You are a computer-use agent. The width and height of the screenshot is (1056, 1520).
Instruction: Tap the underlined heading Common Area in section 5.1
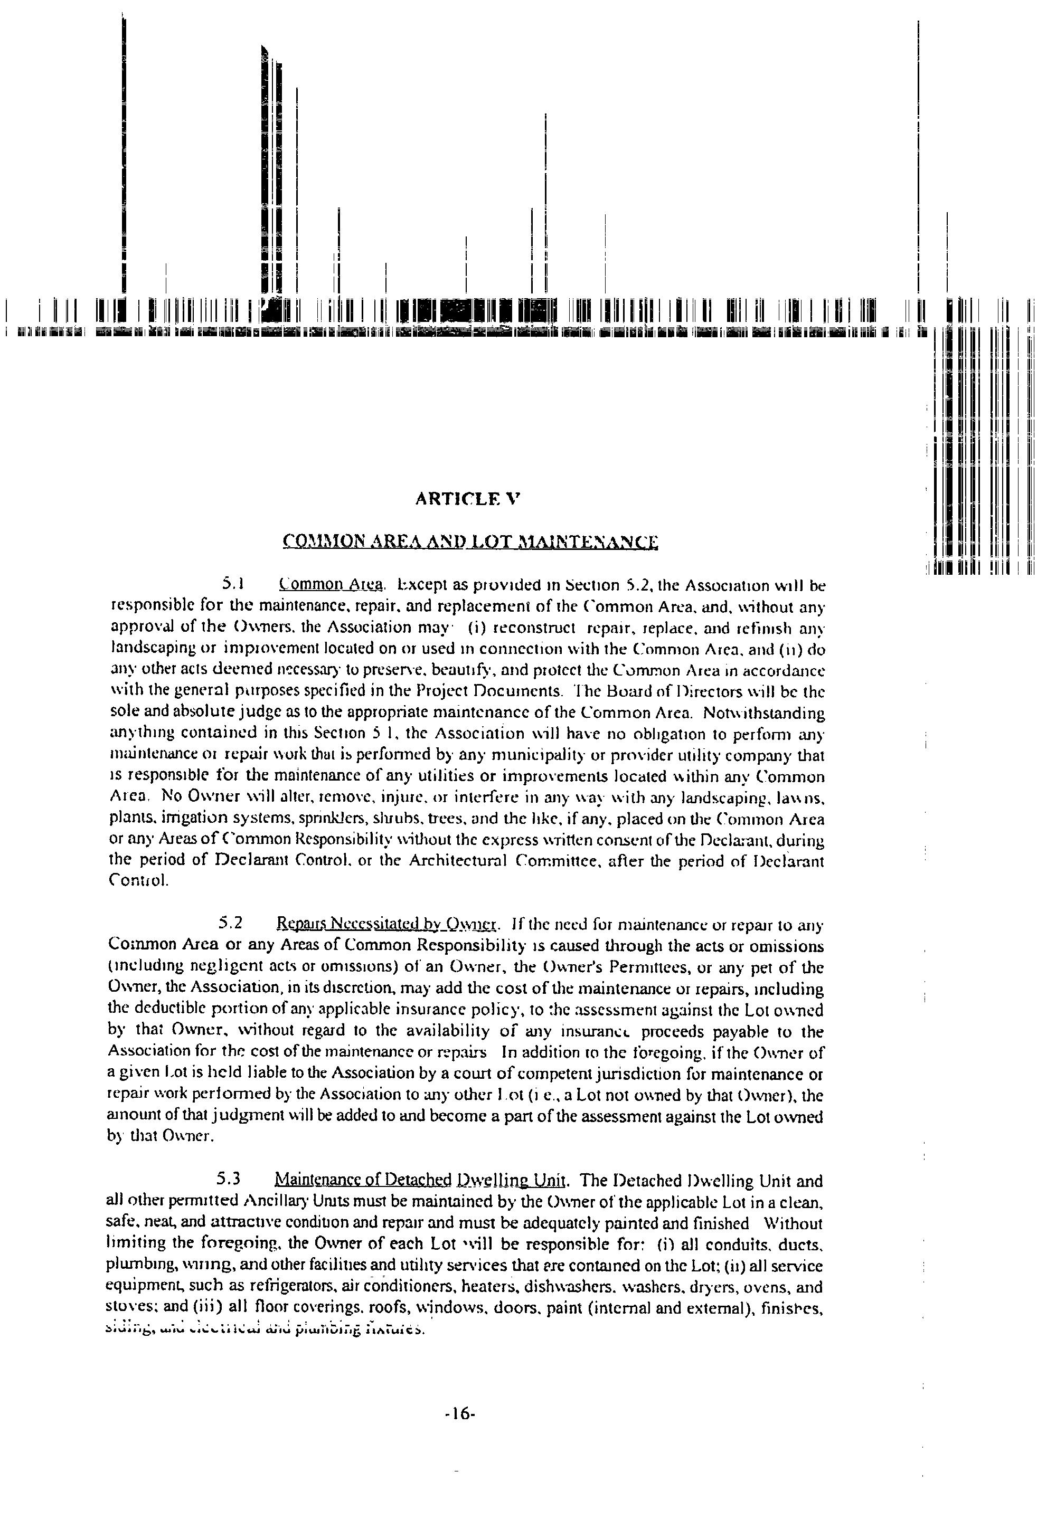(x=332, y=585)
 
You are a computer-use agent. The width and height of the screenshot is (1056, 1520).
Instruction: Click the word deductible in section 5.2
(x=157, y=1011)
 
